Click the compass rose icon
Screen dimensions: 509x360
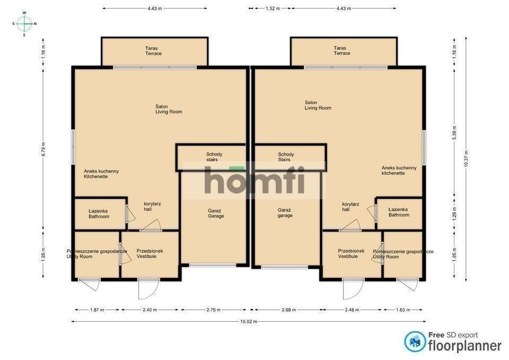(x=24, y=23)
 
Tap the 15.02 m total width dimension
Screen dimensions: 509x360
(x=249, y=321)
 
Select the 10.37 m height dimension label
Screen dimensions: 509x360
(x=466, y=159)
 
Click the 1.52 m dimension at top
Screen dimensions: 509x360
(x=273, y=8)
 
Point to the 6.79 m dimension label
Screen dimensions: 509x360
(x=43, y=149)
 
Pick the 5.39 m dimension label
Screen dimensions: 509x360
(x=454, y=133)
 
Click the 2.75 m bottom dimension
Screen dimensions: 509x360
(x=213, y=310)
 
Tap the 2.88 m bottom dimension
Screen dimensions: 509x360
(x=288, y=310)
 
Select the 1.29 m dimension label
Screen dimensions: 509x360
(x=454, y=214)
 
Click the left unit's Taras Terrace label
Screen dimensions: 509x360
(x=153, y=51)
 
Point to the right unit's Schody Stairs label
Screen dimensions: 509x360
(x=286, y=157)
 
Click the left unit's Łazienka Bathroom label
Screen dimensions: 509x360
(x=99, y=214)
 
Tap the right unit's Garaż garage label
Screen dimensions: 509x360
(x=285, y=213)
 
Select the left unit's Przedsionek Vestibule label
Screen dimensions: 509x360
(x=150, y=253)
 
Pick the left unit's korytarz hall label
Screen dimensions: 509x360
(x=152, y=206)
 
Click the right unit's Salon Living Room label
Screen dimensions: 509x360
(x=318, y=105)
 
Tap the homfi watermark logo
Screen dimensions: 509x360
(x=254, y=180)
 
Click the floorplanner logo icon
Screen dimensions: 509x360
(x=415, y=341)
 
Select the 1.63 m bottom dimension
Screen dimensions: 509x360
(x=403, y=310)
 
